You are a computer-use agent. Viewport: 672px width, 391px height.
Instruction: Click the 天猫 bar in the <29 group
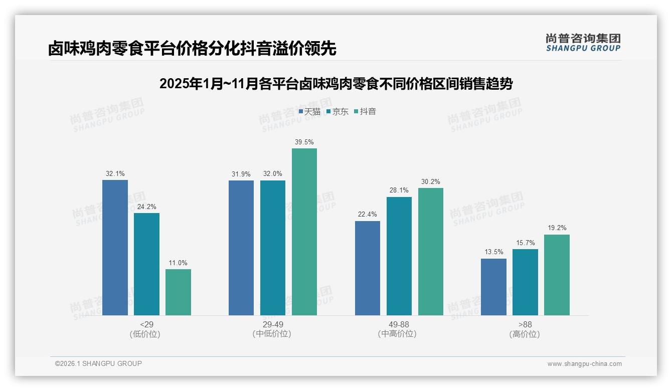[x=115, y=248]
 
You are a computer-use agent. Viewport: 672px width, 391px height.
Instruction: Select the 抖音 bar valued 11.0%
[x=178, y=292]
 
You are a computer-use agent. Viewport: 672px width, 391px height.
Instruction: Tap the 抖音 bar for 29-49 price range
[x=304, y=232]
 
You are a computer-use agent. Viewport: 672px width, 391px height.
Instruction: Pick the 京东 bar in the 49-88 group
[x=399, y=256]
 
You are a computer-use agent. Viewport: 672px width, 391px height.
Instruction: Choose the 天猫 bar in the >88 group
[x=493, y=287]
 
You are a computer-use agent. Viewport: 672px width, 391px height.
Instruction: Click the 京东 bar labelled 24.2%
[x=146, y=264]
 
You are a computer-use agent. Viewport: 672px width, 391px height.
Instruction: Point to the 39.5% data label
[x=304, y=142]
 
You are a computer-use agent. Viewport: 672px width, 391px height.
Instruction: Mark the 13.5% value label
[x=493, y=252]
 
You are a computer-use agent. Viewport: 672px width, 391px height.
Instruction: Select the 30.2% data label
[x=431, y=182]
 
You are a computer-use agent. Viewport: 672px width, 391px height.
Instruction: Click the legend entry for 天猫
[x=309, y=111]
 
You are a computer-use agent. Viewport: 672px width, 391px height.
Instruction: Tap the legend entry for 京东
[x=338, y=111]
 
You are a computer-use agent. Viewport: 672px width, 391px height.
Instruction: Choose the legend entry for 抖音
[x=365, y=111]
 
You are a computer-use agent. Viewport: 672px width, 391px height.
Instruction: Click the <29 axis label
[x=147, y=324]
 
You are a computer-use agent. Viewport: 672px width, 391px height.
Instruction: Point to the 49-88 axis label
[x=399, y=324]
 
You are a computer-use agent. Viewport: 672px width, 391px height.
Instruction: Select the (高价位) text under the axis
[x=525, y=334]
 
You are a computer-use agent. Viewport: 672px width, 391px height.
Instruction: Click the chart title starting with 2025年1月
[x=335, y=84]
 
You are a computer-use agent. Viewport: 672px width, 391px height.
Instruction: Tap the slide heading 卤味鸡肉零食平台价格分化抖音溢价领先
[x=192, y=48]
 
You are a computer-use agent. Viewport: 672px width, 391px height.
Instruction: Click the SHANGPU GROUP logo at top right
[x=583, y=43]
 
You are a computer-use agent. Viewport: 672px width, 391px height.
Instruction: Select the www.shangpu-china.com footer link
[x=584, y=364]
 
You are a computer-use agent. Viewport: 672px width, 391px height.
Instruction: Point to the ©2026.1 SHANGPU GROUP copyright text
[x=98, y=363]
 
